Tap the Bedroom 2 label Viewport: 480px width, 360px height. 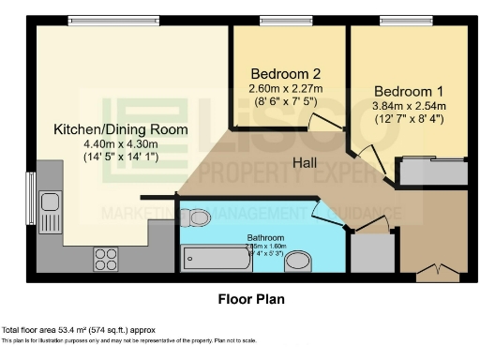286,75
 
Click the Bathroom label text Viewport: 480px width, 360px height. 265,238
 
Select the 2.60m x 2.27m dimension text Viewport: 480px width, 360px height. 286,89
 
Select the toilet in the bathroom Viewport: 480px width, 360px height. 196,217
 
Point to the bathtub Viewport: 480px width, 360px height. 217,257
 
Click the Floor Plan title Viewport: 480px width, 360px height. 244,300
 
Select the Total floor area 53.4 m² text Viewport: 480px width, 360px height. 78,331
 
